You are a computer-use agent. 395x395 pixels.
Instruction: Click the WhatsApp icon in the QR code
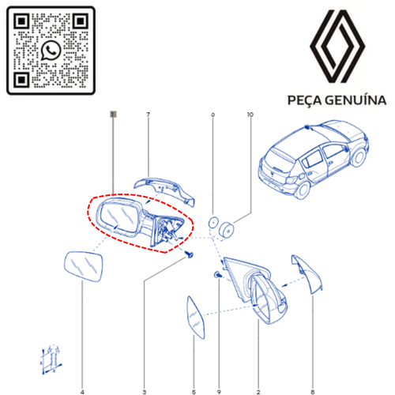[x=51, y=51]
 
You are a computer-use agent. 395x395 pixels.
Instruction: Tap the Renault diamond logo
[x=337, y=47]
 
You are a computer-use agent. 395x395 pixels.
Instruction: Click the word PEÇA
[x=305, y=100]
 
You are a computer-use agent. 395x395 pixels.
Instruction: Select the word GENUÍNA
[x=355, y=100]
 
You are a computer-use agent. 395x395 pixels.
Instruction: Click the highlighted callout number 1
[x=113, y=115]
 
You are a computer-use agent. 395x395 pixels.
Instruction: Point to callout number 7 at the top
[x=148, y=115]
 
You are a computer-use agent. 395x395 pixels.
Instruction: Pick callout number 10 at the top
[x=250, y=115]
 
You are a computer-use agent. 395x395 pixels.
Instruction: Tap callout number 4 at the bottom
[x=82, y=392]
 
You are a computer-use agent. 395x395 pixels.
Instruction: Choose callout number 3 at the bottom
[x=145, y=392]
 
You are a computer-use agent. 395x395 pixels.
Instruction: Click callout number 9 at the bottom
[x=219, y=392]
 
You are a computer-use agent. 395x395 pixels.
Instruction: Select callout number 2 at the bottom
[x=258, y=392]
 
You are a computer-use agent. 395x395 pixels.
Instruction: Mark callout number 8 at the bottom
[x=313, y=392]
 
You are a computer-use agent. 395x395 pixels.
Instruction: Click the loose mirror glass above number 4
[x=84, y=266]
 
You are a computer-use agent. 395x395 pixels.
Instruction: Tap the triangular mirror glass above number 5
[x=195, y=318]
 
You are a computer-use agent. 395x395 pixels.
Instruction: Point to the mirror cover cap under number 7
[x=164, y=191]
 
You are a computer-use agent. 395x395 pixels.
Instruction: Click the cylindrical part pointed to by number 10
[x=227, y=230]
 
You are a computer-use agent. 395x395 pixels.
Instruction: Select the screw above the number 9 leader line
[x=217, y=275]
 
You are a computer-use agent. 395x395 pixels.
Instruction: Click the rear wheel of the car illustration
[x=303, y=189]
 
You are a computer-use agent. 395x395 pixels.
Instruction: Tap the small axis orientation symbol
[x=51, y=359]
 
